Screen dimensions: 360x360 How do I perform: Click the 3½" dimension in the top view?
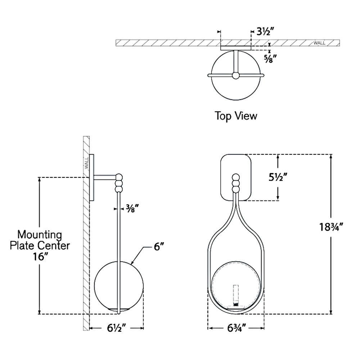coord(266,31)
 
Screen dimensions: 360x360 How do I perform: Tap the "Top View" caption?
coord(236,116)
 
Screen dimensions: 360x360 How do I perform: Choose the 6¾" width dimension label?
coord(236,328)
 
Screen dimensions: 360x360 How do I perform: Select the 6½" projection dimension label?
coord(116,328)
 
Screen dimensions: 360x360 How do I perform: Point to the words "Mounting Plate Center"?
coord(40,240)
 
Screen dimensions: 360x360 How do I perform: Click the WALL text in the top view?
coord(319,43)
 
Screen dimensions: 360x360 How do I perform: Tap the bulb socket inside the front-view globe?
coord(236,295)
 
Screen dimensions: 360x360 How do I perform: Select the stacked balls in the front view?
coord(236,183)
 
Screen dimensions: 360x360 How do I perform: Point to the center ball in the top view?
coord(235,75)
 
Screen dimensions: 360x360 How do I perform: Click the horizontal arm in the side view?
coord(105,177)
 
